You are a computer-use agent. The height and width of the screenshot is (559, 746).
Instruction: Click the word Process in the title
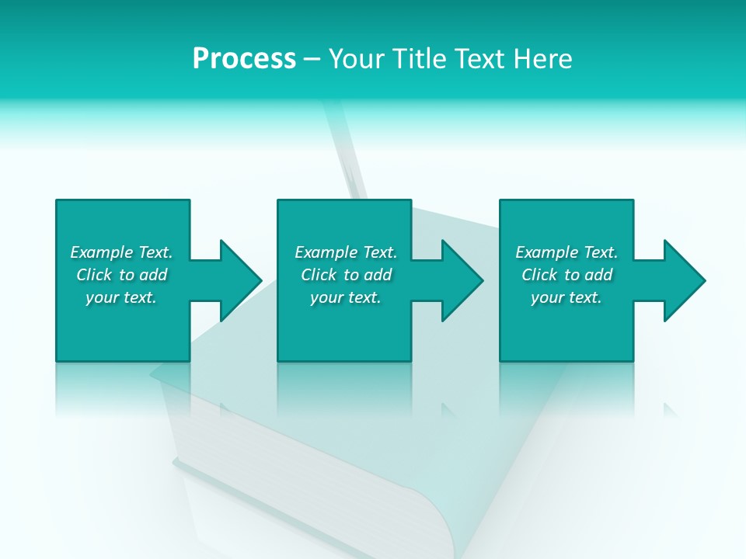click(x=244, y=59)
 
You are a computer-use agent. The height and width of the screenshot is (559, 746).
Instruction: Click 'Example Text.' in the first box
click(x=121, y=252)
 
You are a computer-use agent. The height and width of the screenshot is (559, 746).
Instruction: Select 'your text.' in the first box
click(x=121, y=297)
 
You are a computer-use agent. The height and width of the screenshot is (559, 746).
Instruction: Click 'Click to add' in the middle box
click(x=346, y=275)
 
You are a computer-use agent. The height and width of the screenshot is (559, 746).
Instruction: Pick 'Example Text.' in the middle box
click(x=346, y=252)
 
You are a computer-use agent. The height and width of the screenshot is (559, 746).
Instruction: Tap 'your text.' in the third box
click(x=566, y=297)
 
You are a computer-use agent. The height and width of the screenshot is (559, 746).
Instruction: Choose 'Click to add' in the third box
click(x=566, y=275)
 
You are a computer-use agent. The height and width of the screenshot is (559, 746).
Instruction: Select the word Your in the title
click(x=358, y=59)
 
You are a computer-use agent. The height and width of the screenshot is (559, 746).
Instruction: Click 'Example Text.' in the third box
click(x=566, y=252)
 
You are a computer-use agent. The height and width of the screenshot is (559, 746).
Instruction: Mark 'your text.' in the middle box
click(x=346, y=297)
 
